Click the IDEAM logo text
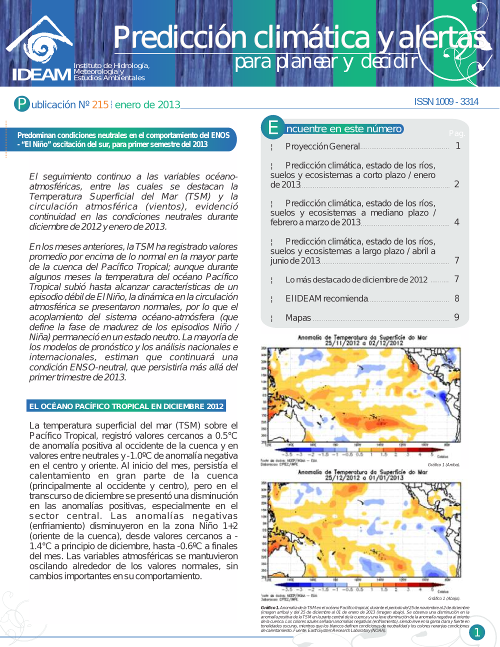click(x=42, y=74)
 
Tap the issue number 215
click(x=100, y=104)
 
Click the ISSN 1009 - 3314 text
click(x=446, y=101)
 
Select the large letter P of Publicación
click(x=21, y=103)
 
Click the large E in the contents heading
click(x=273, y=127)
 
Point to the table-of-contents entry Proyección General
click(x=322, y=146)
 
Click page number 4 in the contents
click(x=456, y=221)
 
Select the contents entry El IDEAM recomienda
click(x=326, y=298)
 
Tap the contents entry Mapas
click(x=298, y=317)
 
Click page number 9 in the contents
click(x=456, y=317)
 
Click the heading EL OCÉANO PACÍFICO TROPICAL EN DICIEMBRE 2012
click(x=126, y=406)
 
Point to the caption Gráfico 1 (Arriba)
click(x=443, y=464)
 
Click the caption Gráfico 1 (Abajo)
click(x=444, y=598)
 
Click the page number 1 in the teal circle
click(x=477, y=632)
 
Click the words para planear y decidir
click(x=326, y=61)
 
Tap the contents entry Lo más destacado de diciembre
click(x=356, y=279)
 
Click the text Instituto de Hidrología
click(x=111, y=65)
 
